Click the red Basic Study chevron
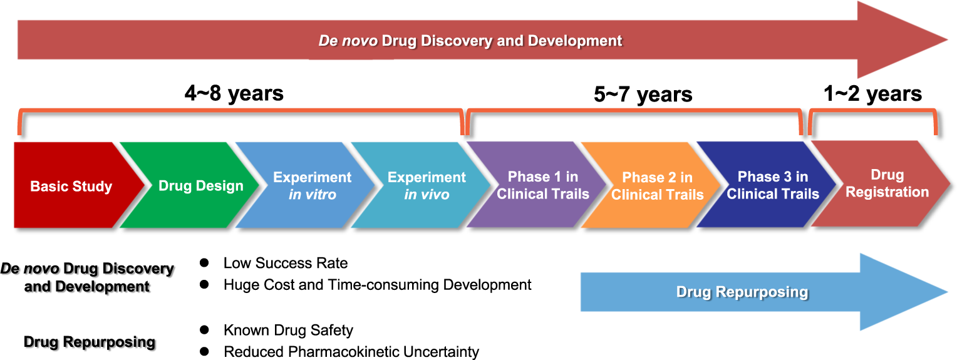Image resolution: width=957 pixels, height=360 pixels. click(71, 186)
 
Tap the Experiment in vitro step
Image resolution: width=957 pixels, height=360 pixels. click(312, 186)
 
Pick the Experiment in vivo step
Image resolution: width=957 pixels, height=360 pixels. click(427, 186)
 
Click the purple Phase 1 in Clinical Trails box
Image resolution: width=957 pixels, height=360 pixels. click(542, 185)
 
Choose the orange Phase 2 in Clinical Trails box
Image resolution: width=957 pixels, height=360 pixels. click(657, 186)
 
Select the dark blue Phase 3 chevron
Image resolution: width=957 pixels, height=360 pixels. click(772, 185)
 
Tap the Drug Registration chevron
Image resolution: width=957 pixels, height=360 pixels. click(887, 183)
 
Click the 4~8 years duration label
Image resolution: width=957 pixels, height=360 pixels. click(234, 94)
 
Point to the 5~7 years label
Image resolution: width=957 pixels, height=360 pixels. click(643, 95)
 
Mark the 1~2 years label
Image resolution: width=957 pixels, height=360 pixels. click(872, 94)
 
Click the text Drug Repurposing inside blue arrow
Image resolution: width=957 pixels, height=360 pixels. click(742, 292)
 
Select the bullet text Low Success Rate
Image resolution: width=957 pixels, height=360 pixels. click(285, 263)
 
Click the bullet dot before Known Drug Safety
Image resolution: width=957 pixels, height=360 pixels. click(204, 329)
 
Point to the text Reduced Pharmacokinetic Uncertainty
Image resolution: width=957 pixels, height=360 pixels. click(351, 352)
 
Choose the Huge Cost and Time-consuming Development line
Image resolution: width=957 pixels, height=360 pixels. click(377, 285)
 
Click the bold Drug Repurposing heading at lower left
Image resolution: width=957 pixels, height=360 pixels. click(89, 342)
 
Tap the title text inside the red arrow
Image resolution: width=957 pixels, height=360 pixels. click(470, 41)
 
